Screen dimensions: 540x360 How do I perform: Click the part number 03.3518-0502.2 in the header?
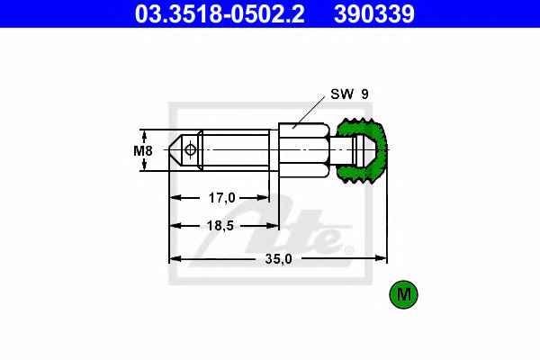coord(220,14)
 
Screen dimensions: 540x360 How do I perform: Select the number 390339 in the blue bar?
coord(374,14)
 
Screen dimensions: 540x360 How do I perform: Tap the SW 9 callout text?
coord(349,94)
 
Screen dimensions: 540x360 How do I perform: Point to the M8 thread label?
coord(143,150)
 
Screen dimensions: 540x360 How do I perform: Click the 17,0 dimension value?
coord(221,198)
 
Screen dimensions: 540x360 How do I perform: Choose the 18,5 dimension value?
coord(220,226)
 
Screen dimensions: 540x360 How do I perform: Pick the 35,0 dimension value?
coord(278,258)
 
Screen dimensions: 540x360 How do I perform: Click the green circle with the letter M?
coord(403,294)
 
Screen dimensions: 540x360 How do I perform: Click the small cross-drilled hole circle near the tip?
coord(190,150)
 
